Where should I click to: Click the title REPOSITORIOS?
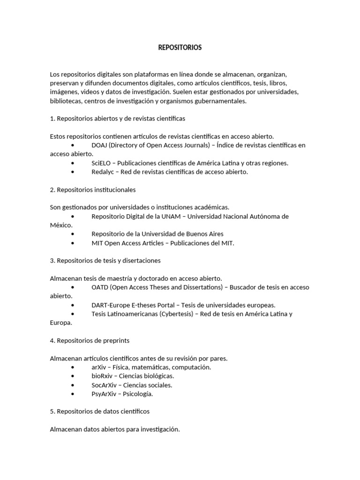pyautogui.click(x=180, y=48)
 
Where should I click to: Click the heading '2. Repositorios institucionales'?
pyautogui.click(x=93, y=190)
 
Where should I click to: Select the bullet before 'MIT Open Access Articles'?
pyautogui.click(x=73, y=243)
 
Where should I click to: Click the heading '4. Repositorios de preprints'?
pyautogui.click(x=90, y=341)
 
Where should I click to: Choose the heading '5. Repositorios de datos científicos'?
pyautogui.click(x=99, y=412)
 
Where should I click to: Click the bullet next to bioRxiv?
pyautogui.click(x=73, y=376)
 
